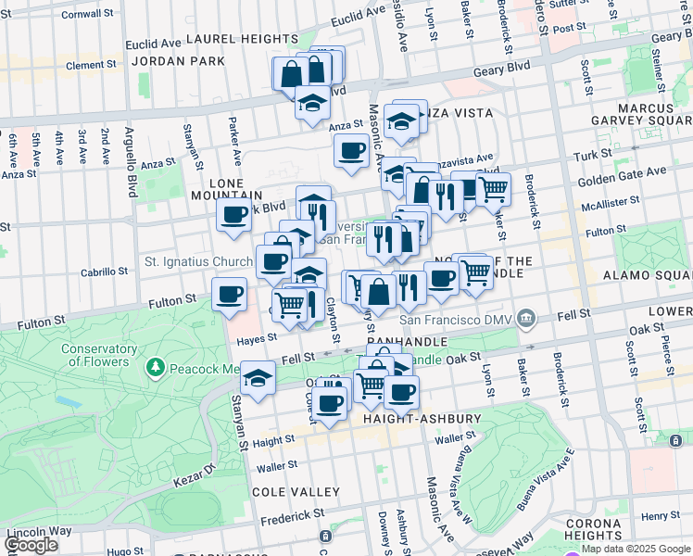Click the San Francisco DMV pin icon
[526, 320]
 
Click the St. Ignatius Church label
[198, 261]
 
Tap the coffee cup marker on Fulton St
[229, 296]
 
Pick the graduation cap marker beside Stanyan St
[258, 378]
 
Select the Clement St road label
[90, 65]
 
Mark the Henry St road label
[661, 515]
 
